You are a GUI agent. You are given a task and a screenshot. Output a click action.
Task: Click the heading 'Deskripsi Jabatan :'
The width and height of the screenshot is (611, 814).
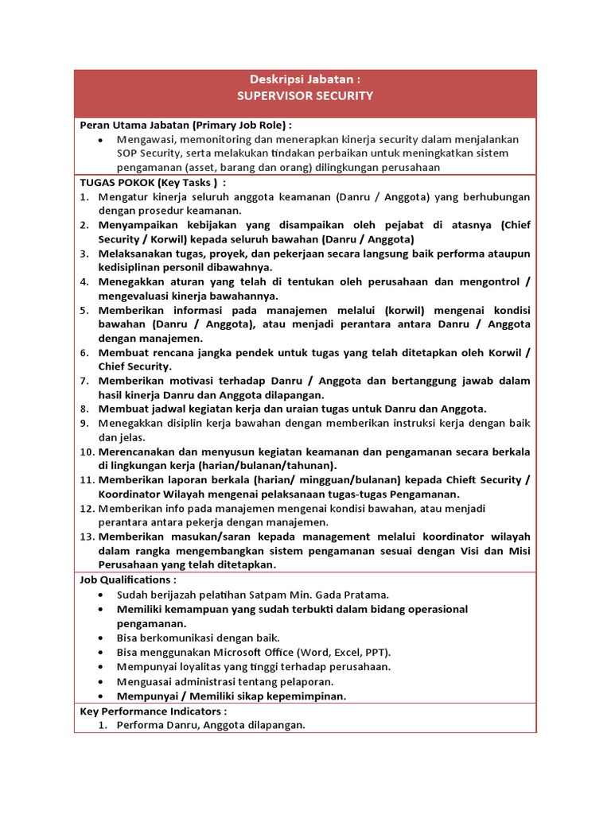click(305, 79)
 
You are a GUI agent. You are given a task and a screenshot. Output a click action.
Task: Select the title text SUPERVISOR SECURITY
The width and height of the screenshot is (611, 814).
click(305, 95)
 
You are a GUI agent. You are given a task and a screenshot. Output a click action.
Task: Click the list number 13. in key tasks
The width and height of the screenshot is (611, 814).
click(87, 537)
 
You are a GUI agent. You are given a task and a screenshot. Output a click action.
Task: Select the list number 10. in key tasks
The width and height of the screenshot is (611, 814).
click(87, 452)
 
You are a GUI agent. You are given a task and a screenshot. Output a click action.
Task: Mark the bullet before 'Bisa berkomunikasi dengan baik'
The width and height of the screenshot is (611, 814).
click(99, 638)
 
